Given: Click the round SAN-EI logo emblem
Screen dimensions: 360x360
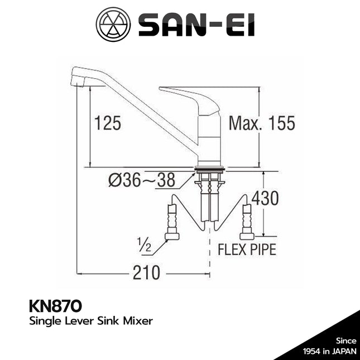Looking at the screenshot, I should [x=113, y=25].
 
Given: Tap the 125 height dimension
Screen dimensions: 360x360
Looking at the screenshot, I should [x=107, y=123].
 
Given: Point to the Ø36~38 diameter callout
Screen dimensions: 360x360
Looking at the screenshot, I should [x=142, y=180].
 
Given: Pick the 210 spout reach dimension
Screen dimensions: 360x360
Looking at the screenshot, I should [x=146, y=273].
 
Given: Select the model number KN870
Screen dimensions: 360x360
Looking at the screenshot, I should [x=54, y=306].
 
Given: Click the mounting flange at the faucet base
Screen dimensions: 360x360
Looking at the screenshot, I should [x=210, y=167].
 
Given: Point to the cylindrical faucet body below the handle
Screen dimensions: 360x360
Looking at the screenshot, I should [x=209, y=140].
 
